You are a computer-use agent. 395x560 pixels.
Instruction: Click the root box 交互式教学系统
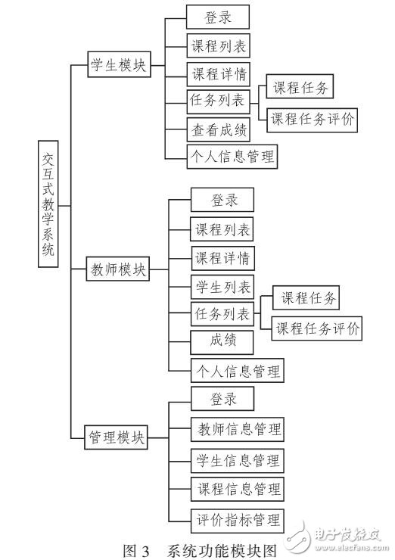pos(48,204)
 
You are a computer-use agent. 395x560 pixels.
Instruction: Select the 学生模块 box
pos(117,66)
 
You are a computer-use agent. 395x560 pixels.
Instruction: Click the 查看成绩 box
pos(218,129)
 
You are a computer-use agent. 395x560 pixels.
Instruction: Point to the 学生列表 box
pos(222,288)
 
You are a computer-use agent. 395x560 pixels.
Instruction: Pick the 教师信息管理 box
pos(236,428)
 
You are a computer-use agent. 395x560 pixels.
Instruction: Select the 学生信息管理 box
pos(236,460)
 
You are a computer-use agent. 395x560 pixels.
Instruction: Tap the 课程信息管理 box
pos(236,489)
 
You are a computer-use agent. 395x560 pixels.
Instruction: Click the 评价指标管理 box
pos(236,520)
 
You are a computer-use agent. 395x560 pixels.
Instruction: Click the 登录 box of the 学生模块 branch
pos(218,17)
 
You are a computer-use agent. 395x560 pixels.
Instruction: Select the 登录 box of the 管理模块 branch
pos(223,399)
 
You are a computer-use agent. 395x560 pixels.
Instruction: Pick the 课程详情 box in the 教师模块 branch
pos(222,258)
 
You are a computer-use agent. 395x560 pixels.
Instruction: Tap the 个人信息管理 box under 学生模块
pos(231,157)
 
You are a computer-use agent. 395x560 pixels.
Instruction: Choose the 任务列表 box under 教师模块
pos(222,314)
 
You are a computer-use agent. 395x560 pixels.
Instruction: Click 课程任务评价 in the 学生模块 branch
pos(313,118)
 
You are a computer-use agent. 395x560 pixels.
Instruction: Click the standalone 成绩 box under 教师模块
pos(222,341)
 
